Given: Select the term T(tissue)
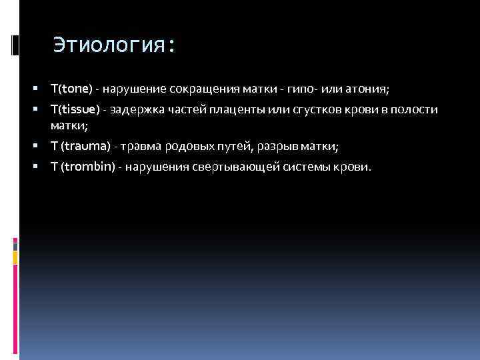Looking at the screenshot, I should [x=75, y=109].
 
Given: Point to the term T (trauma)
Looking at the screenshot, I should [x=81, y=146].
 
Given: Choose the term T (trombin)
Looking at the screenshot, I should [x=83, y=166].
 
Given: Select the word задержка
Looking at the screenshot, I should [x=137, y=109].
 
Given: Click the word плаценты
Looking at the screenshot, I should [x=230, y=109].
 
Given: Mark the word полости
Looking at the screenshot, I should [x=417, y=109].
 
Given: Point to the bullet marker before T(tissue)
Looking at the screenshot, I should [x=42, y=109].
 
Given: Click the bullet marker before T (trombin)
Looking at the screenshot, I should [x=42, y=166].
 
